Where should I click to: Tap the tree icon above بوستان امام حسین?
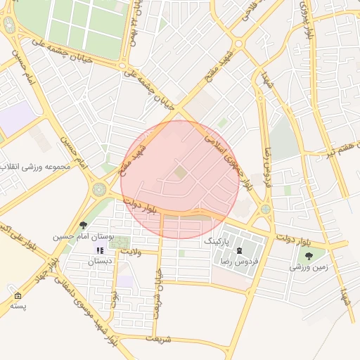click(84, 226)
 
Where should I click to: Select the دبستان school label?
click(99, 261)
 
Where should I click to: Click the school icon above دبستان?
click(99, 250)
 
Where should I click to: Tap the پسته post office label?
click(18, 306)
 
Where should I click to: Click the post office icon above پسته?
click(18, 295)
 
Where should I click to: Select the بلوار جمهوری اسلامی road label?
click(228, 162)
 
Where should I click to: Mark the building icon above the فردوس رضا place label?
click(240, 250)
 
